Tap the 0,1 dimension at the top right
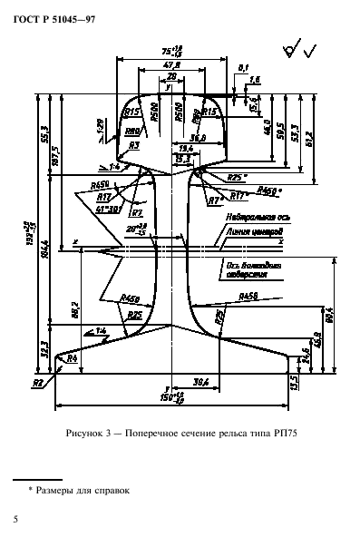[x=243, y=67]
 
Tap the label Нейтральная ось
[x=249, y=219]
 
